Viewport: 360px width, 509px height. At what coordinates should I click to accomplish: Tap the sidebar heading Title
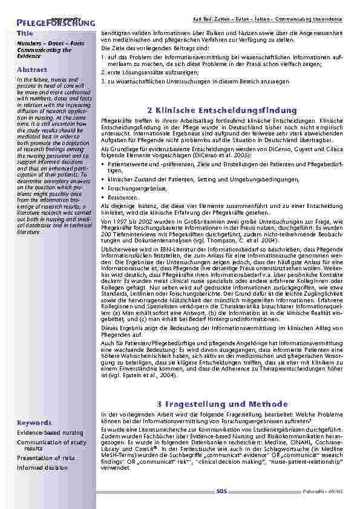[25, 33]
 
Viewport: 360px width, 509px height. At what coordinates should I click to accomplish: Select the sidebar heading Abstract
[30, 70]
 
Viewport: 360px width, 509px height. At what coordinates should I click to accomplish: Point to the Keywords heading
[34, 423]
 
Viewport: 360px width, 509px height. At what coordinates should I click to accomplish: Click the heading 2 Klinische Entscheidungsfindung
[223, 111]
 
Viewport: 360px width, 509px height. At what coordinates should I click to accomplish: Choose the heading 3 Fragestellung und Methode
[223, 404]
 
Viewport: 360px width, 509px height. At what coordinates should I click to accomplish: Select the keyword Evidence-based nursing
[50, 433]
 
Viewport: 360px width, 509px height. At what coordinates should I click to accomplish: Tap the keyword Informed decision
[42, 467]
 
